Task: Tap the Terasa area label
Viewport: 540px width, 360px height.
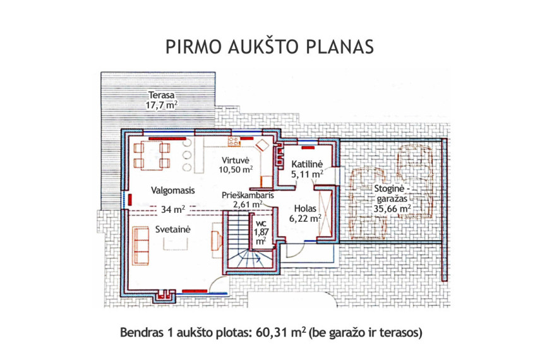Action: coord(161,95)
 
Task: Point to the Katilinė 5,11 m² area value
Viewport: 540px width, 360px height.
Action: coord(307,174)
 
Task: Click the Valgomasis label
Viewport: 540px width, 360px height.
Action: coord(173,191)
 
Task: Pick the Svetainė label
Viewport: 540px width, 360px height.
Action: coord(172,229)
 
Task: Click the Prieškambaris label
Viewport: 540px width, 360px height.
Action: coord(248,195)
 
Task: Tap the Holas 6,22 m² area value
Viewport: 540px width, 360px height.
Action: coord(306,219)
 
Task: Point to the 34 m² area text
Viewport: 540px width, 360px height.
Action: coord(173,209)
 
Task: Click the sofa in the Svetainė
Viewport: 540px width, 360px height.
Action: coord(140,246)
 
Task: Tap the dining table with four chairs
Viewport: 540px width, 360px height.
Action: coord(152,157)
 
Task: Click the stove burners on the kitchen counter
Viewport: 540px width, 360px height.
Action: coord(234,141)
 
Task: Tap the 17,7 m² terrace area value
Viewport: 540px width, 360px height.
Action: coord(162,105)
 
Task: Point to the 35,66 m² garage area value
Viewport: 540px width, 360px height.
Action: coord(392,208)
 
